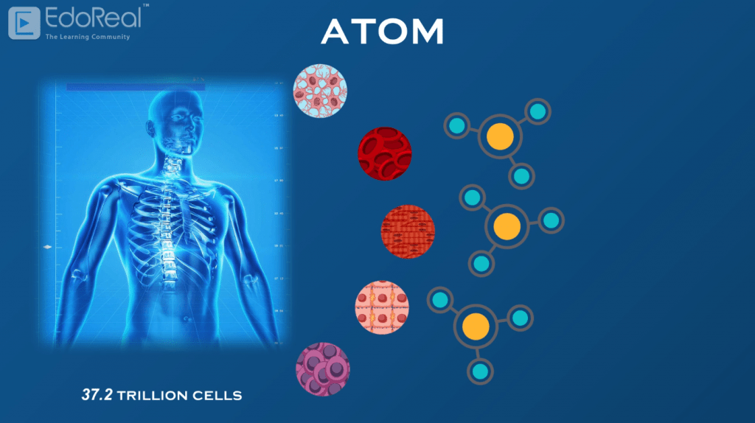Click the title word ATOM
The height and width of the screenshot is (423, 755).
[383, 32]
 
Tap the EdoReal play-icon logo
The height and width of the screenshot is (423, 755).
[24, 23]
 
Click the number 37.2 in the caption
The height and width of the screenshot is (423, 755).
[97, 396]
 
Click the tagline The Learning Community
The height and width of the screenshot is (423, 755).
[87, 36]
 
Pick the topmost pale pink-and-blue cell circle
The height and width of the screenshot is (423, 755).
[320, 91]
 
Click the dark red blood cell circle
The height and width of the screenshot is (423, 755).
[384, 154]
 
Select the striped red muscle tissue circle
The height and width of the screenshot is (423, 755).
[408, 231]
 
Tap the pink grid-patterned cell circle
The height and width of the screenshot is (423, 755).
[382, 307]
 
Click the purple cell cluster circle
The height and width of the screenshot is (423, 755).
[322, 368]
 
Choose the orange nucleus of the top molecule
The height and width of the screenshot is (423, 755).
[500, 138]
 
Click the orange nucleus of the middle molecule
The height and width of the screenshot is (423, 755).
[506, 226]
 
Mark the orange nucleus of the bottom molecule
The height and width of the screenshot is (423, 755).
[476, 325]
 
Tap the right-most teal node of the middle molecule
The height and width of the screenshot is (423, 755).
[550, 220]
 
